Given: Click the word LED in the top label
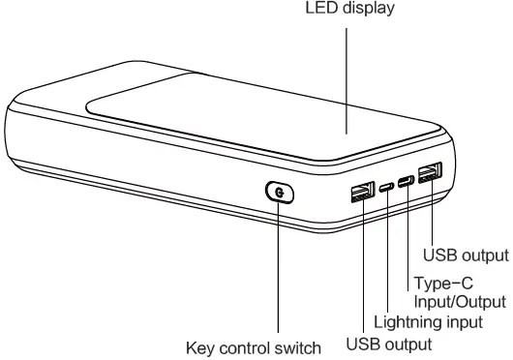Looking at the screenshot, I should coord(321,11).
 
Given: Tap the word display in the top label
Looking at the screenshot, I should coord(369,11).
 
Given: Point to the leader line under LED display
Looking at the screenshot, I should coord(346,77).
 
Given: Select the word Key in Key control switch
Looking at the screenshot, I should coord(201,346).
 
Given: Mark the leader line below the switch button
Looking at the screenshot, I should coord(279,271).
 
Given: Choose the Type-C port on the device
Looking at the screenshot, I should coord(406,180).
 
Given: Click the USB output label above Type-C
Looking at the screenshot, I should coord(466,255).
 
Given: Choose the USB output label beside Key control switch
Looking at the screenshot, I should coord(388,344).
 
